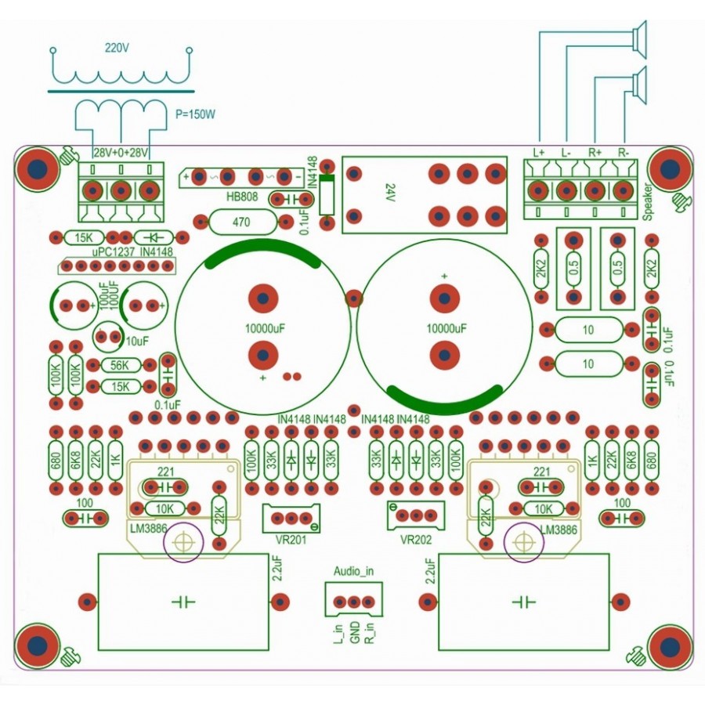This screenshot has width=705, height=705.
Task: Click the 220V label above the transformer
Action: coord(117,48)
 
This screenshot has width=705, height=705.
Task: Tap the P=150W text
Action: coord(195,114)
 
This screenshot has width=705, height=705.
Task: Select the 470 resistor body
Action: coord(242,222)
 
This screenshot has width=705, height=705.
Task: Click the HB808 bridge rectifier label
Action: coord(242,197)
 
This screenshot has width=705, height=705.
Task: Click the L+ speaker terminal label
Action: coord(539,153)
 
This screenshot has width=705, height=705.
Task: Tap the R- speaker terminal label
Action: coord(624,153)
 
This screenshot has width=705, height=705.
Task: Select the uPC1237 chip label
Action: coord(114,252)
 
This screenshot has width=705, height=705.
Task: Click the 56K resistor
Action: coord(120,365)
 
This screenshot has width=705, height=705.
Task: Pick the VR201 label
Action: coord(291,539)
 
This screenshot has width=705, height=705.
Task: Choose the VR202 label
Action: coord(416,539)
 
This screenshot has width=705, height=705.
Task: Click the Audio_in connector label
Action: coord(353,572)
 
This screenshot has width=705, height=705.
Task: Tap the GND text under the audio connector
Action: coord(355,632)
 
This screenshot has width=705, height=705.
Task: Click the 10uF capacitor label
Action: coord(137,342)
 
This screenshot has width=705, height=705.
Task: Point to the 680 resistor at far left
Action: coord(56,460)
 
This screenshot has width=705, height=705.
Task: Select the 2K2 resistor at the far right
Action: coord(651,269)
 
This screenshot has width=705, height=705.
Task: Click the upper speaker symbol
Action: coord(639,39)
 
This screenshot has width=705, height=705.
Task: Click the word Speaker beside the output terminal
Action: coord(648,201)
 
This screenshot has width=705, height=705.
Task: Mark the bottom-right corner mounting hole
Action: coord(670,646)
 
